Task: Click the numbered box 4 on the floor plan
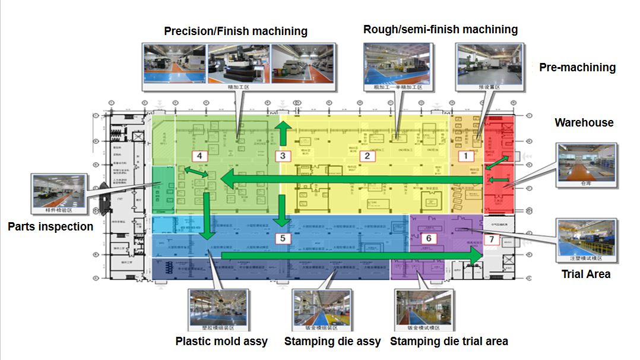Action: [x=199, y=156]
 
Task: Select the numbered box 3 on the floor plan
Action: [x=283, y=156]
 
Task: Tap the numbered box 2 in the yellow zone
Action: [x=367, y=156]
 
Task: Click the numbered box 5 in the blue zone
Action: [x=283, y=239]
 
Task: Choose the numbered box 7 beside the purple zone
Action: [x=491, y=239]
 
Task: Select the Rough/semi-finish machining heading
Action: [x=441, y=30]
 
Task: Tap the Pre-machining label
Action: [x=577, y=68]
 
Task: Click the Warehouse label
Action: [x=584, y=123]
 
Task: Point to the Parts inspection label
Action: [x=50, y=227]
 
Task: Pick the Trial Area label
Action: [x=586, y=274]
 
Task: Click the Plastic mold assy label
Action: [x=221, y=342]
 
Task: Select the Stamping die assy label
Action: [x=332, y=342]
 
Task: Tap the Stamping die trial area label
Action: [x=449, y=342]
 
